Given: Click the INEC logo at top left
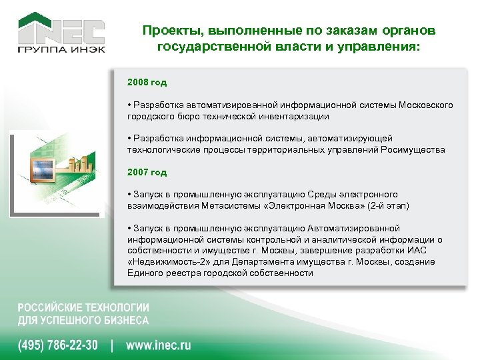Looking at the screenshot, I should (61, 31).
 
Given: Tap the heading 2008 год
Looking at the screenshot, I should (147, 83).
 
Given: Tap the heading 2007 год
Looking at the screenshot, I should (147, 172).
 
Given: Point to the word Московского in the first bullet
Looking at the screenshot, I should (425, 105).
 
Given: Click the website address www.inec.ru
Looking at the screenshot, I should (159, 345).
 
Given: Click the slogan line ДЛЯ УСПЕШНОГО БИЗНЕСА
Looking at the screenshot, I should (83, 321).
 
